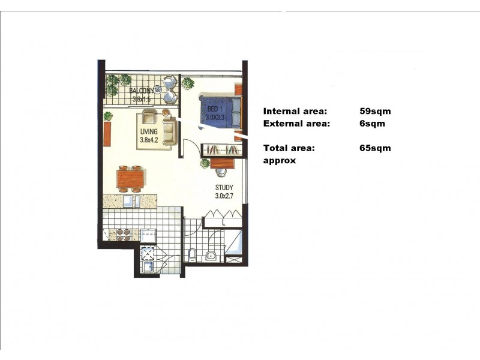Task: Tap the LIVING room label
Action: coord(148,131)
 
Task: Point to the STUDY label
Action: coord(224,187)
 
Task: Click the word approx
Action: coord(280,161)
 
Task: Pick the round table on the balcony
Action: coord(158,90)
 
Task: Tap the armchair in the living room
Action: coord(149,115)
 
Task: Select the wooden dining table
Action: coord(130,178)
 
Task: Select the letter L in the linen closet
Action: coord(223,222)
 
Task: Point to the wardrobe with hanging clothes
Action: coord(223,149)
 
